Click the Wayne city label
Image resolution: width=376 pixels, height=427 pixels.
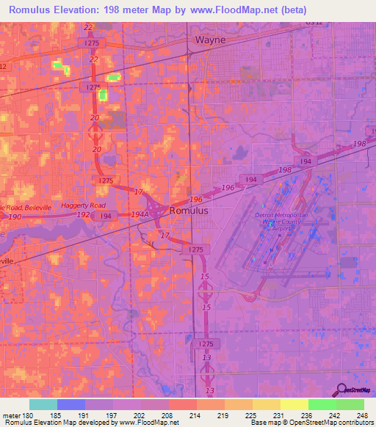210,40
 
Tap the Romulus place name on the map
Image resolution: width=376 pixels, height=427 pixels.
189,210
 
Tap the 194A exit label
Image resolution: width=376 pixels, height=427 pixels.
140,213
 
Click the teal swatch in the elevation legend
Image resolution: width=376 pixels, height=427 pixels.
43,404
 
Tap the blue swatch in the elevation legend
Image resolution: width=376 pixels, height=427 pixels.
71,404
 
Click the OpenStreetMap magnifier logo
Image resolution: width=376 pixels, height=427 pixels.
341,390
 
